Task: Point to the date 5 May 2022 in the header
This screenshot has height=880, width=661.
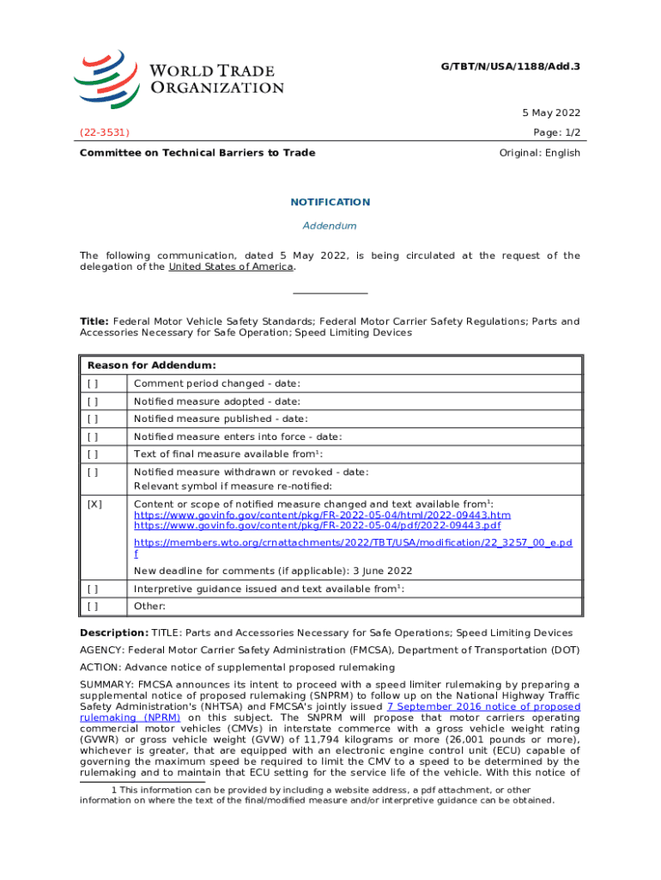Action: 549,113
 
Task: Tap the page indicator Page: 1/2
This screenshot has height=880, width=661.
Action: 555,133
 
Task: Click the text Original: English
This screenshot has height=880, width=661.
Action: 540,153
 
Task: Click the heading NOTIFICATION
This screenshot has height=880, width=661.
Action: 330,202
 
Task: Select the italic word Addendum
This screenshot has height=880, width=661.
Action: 330,226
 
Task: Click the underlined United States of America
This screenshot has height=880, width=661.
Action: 231,266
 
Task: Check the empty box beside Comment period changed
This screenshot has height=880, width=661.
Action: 93,383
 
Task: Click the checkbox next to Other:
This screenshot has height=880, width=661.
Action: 93,606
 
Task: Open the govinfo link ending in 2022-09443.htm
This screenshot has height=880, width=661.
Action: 322,515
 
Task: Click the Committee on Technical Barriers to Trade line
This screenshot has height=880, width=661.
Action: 197,153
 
